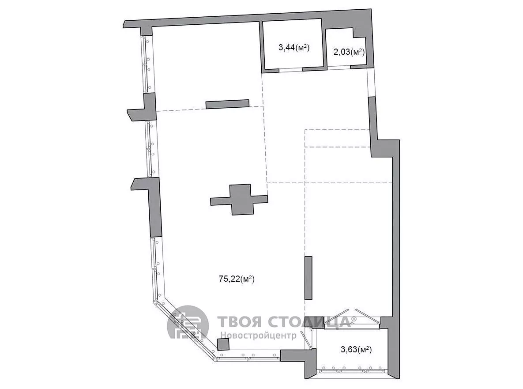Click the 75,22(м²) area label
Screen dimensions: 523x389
(x=237, y=279)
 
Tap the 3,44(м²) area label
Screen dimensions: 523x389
(x=294, y=48)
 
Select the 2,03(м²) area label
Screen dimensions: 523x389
(x=349, y=52)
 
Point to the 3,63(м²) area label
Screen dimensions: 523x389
(x=356, y=349)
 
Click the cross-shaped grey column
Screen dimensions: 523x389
(x=239, y=200)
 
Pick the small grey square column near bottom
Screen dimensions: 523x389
(x=223, y=344)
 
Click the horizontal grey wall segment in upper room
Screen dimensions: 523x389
(x=227, y=104)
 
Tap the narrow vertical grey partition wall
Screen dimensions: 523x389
(x=308, y=278)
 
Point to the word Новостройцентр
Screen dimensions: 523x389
(x=258, y=335)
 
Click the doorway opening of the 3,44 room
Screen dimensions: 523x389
(x=290, y=70)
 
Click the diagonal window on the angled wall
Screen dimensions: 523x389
(x=185, y=330)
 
